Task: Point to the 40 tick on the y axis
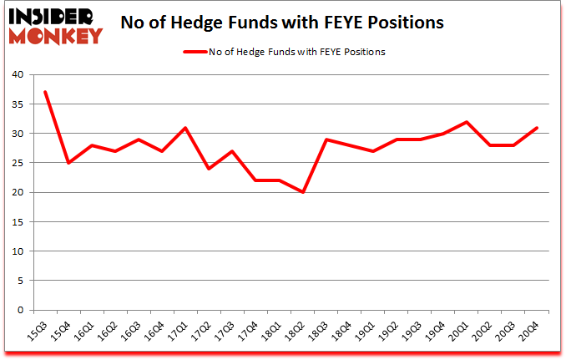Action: [17, 74]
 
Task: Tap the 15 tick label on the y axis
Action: [17, 221]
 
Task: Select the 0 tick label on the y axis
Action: [19, 310]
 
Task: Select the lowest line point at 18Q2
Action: [303, 192]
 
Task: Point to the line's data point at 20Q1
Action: [467, 122]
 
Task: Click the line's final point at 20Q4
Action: [537, 128]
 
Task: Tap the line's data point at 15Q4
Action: [68, 163]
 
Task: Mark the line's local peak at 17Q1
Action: [185, 128]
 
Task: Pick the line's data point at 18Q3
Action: [326, 139]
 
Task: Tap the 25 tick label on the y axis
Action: [17, 163]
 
